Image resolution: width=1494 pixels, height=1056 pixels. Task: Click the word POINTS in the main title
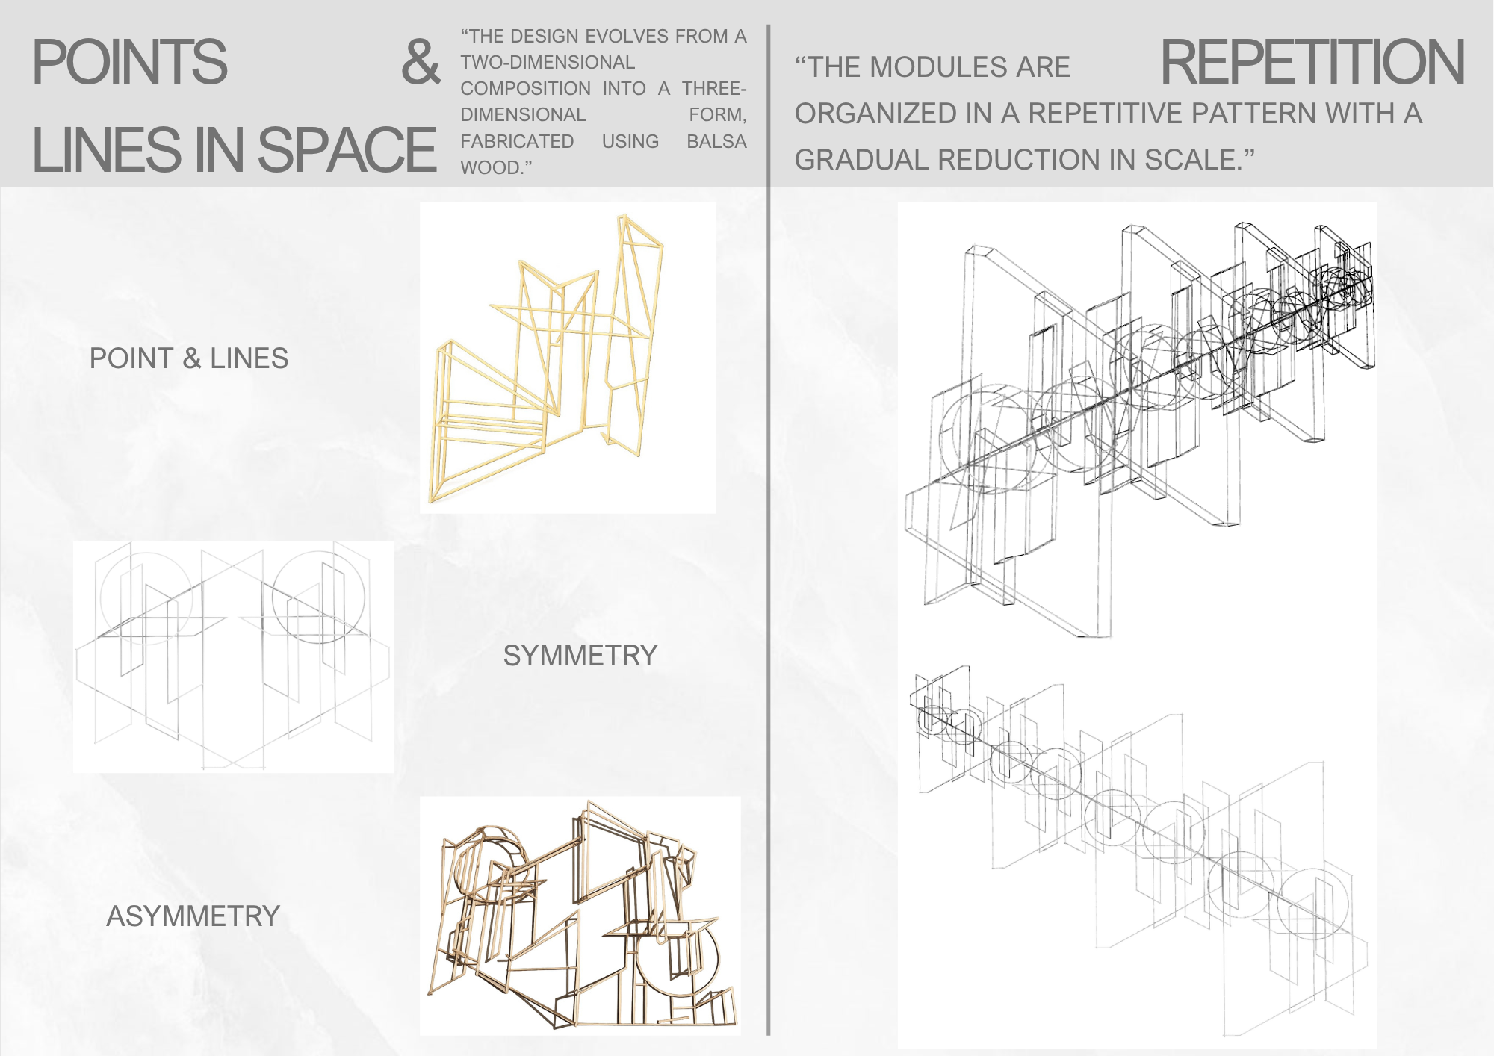(129, 62)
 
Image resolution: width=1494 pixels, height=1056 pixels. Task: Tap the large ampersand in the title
(421, 62)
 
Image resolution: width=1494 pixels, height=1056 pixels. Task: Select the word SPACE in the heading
(347, 149)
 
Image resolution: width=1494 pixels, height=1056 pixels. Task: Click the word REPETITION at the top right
(1312, 62)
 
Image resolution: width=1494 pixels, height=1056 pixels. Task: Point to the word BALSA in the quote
(716, 141)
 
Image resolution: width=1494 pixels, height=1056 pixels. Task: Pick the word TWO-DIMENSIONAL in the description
(548, 62)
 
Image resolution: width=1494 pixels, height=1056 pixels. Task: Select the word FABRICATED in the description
(517, 141)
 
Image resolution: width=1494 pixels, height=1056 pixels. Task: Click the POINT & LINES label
(189, 358)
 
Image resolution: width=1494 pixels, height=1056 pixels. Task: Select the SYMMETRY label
(580, 656)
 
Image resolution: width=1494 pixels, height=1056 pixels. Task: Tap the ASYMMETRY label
(193, 916)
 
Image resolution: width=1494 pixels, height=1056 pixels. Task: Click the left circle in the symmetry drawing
(102, 597)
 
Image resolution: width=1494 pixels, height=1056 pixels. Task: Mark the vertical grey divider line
(768, 530)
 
